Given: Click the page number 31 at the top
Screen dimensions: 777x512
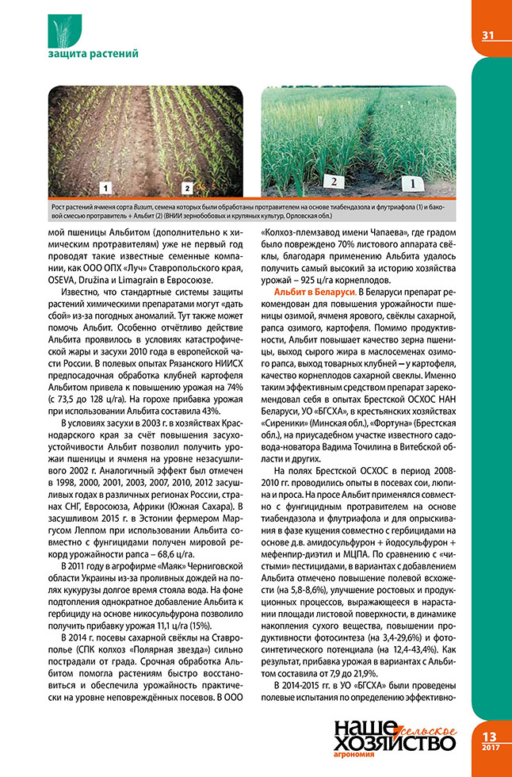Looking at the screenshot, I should pyautogui.click(x=487, y=35).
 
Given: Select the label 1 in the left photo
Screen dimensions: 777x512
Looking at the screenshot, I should pyautogui.click(x=105, y=188).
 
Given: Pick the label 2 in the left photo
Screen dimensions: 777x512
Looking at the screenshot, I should pyautogui.click(x=187, y=188).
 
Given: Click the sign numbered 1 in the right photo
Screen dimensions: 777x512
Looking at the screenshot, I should pyautogui.click(x=411, y=184).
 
